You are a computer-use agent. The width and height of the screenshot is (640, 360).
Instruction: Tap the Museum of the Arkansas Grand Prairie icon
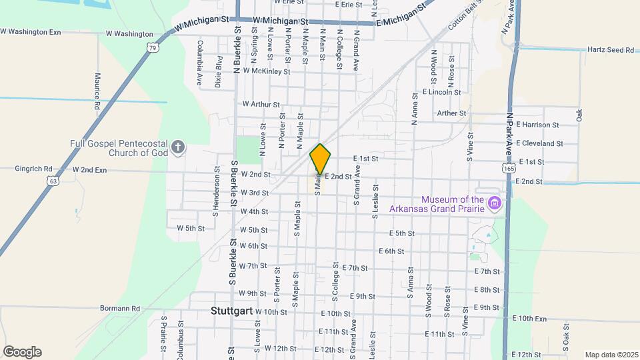494,203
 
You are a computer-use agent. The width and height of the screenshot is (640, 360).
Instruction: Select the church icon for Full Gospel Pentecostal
177,147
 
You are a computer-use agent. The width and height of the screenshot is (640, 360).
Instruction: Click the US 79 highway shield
153,48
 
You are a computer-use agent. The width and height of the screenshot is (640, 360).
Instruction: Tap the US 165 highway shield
509,169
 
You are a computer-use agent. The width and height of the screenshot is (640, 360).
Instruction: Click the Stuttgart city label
230,311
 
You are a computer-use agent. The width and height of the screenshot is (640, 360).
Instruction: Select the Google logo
22,352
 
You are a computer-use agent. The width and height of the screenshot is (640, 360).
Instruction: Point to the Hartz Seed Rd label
610,50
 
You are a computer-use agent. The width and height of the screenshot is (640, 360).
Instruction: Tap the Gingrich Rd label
33,169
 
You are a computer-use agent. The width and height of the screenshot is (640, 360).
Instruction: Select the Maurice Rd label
97,91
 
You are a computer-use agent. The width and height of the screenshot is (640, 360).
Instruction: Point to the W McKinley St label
267,71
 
